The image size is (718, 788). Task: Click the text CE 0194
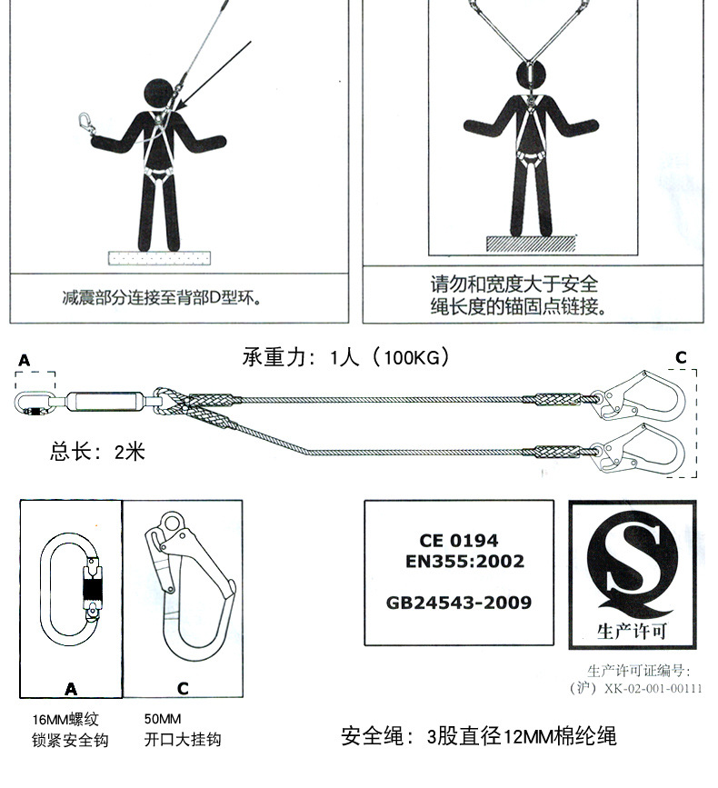coord(458,541)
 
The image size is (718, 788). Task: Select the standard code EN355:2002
coord(464,562)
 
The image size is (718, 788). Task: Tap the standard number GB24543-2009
coord(459,603)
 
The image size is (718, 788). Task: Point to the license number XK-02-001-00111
coord(653,688)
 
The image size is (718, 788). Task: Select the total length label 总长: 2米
coord(97,451)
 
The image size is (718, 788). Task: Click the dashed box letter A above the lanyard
coord(24,361)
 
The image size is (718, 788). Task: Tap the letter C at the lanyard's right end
coord(680,357)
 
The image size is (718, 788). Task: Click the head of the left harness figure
coord(161,95)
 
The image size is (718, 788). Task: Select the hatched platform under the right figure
coord(532,244)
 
